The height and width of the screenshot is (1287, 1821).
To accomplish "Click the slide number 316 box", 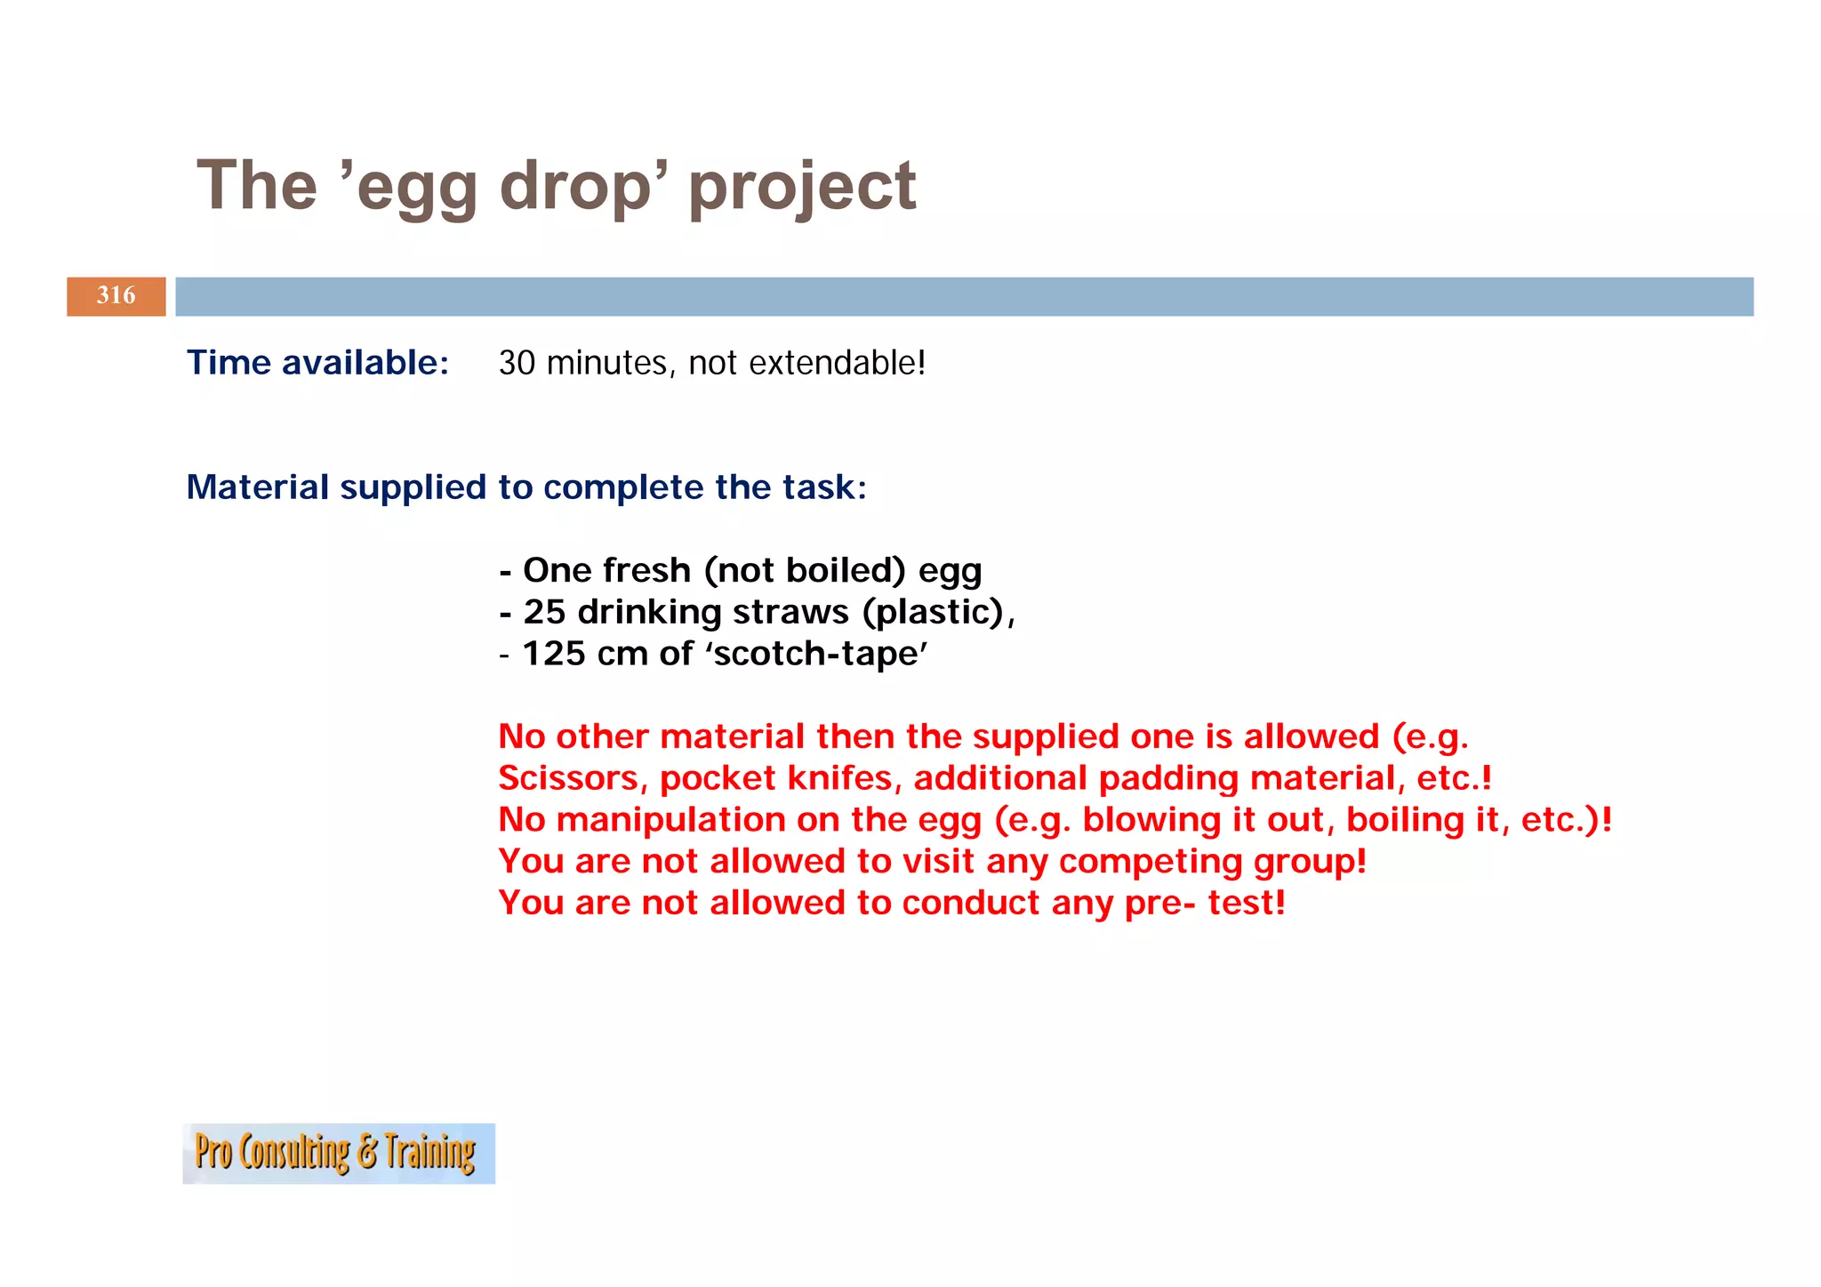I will point(116,296).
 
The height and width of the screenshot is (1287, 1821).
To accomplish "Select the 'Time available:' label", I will point(317,363).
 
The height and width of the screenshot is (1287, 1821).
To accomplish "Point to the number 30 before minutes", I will point(517,363).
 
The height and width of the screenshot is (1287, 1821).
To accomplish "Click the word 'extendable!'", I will point(837,363).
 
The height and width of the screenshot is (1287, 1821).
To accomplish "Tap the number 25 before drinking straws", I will point(544,612).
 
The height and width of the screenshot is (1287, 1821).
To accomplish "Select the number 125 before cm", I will point(554,654).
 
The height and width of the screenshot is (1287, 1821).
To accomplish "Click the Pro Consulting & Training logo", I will point(338,1153).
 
